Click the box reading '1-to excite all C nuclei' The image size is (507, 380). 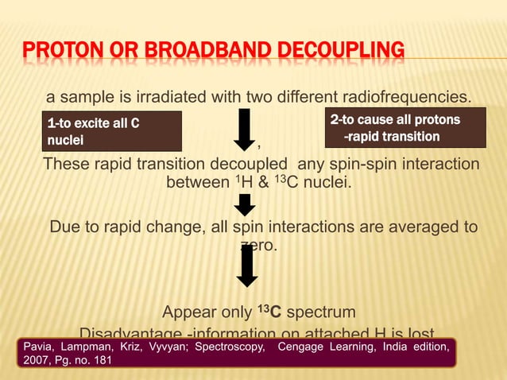112,131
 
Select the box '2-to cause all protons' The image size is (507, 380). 406,128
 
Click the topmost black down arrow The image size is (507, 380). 246,130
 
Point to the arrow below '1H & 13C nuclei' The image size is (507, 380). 246,205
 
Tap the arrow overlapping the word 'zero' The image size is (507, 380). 247,266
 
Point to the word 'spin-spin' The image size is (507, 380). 365,164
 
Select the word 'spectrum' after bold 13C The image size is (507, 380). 320,311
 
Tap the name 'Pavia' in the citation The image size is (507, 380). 35,347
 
